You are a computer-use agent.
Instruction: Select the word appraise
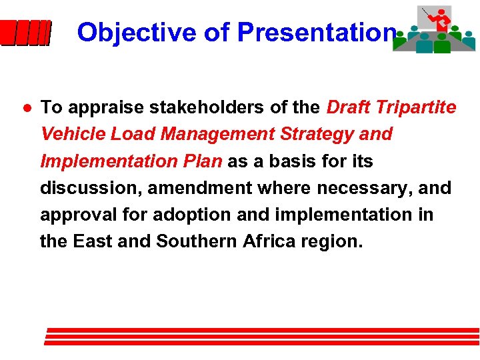99,107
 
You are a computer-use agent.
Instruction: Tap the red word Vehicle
72,134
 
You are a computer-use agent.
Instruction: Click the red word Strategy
320,134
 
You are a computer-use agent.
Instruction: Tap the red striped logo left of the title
25,33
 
